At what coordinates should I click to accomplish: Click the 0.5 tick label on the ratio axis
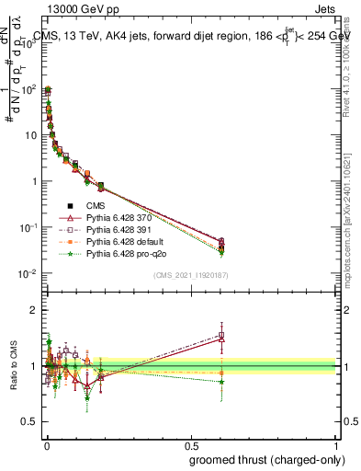click(x=31, y=423)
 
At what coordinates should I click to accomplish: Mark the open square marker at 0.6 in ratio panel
click(x=221, y=334)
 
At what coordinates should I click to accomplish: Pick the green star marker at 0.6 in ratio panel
click(x=221, y=382)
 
